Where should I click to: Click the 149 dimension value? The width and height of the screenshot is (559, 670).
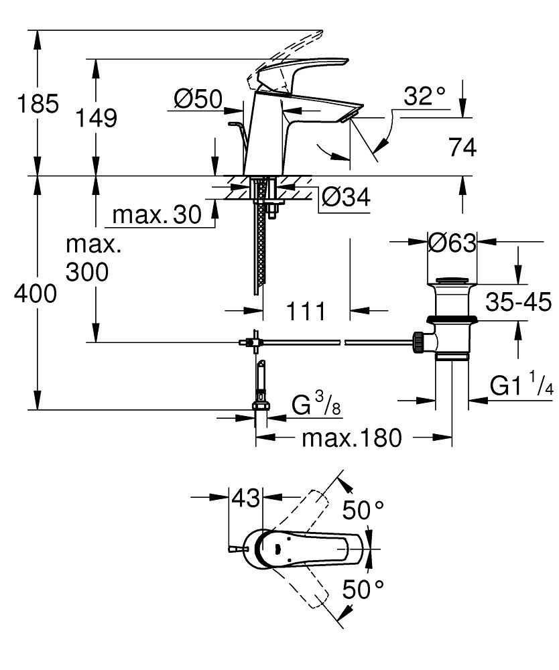tap(96, 119)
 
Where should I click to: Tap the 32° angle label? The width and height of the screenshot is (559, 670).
tap(424, 97)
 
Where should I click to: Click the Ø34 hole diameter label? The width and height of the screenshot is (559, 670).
tap(345, 197)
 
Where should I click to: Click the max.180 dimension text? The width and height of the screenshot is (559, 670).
tap(351, 439)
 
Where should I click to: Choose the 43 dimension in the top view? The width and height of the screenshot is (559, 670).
tap(245, 498)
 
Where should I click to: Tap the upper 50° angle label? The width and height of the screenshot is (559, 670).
tap(365, 511)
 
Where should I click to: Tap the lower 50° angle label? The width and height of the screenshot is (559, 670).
tap(365, 590)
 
